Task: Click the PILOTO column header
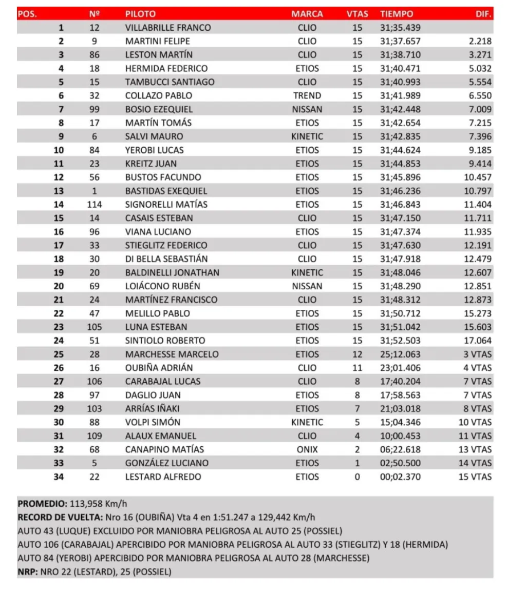click(140, 14)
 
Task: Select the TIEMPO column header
click(396, 14)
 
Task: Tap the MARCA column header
click(307, 14)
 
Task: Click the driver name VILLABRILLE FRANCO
click(167, 28)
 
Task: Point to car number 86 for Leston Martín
click(94, 55)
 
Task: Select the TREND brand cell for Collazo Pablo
click(307, 95)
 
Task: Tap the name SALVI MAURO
click(154, 136)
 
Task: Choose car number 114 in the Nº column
click(94, 205)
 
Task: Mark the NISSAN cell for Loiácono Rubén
click(307, 286)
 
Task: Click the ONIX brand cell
click(307, 449)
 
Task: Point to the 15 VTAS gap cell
click(475, 477)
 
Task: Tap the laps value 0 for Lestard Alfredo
click(357, 477)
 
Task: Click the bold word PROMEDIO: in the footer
click(42, 504)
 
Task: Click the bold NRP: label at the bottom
click(27, 571)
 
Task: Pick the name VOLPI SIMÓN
click(153, 422)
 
